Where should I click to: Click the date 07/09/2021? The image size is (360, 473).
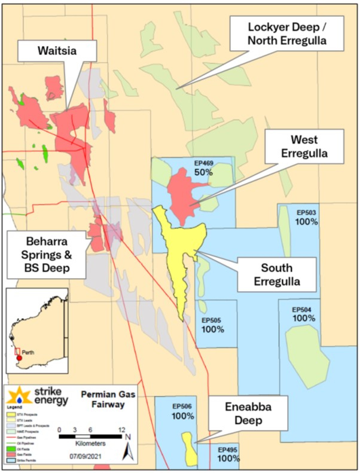pos(91,457)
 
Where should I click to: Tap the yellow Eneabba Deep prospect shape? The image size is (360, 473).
pos(190,449)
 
